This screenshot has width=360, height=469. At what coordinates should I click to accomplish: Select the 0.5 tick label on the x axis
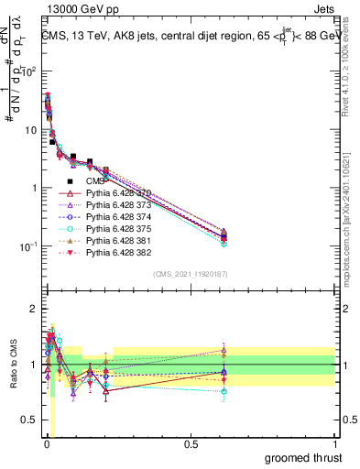pyautogui.click(x=191, y=444)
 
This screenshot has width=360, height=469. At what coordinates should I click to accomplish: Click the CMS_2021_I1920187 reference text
pyautogui.click(x=190, y=274)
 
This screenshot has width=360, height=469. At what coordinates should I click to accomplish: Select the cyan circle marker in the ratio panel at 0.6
pyautogui.click(x=224, y=391)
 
